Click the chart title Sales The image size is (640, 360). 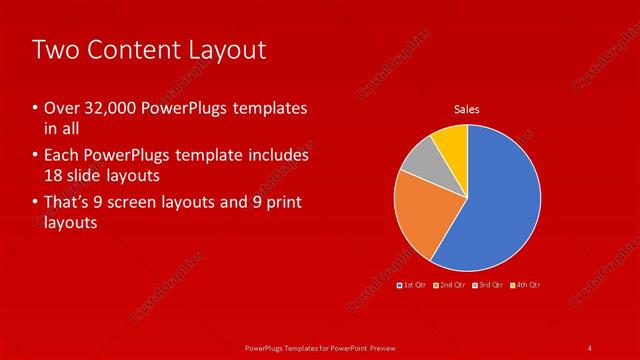click(467, 108)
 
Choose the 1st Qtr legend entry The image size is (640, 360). click(413, 285)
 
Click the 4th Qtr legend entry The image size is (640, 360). click(527, 285)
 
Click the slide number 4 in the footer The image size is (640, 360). click(590, 347)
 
